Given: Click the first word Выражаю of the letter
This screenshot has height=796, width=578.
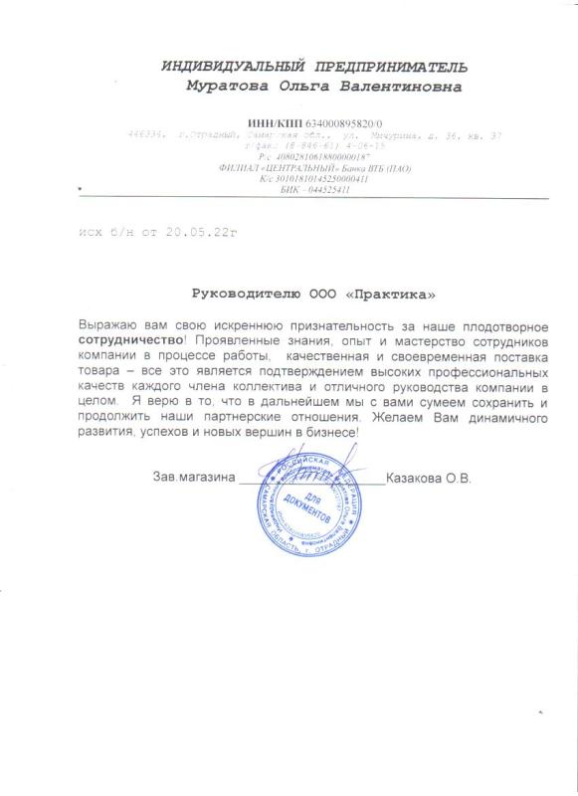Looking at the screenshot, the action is [x=104, y=324].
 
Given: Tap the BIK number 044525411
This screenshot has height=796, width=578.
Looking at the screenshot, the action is [x=316, y=189].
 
